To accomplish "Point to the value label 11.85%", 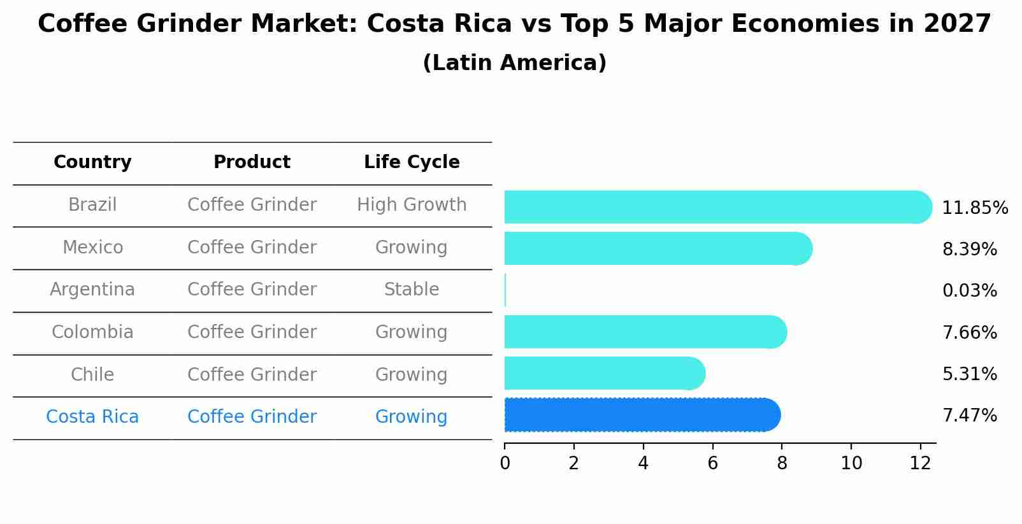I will (x=974, y=208).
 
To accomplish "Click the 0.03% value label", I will (x=969, y=291).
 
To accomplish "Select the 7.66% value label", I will (x=969, y=332).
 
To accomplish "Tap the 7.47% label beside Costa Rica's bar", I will (x=969, y=416).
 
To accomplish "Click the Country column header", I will (x=92, y=162).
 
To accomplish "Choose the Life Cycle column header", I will (x=412, y=162).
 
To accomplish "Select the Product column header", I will (x=252, y=162).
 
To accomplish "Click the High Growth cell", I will (x=412, y=205).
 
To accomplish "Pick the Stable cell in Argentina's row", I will (x=412, y=290).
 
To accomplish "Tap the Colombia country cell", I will (x=92, y=332).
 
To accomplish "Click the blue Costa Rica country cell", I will (x=92, y=417).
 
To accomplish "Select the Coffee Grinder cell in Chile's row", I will (x=252, y=374).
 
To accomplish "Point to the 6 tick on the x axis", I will (x=712, y=464).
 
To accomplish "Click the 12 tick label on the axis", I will (x=920, y=464).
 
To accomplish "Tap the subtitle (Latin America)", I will (x=514, y=63).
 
